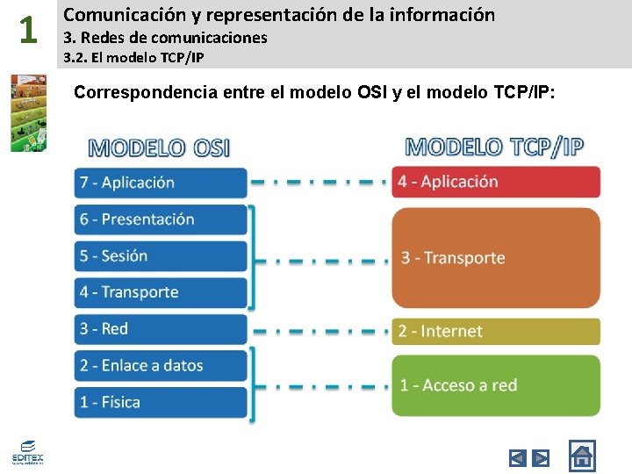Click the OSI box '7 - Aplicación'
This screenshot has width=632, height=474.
tap(161, 183)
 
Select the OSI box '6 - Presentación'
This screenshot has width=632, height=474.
tap(161, 219)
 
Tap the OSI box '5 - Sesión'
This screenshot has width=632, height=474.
tap(161, 256)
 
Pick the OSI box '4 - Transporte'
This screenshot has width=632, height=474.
tap(161, 292)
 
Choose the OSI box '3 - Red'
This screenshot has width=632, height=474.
tap(161, 329)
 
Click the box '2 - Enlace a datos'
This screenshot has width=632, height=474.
tap(161, 366)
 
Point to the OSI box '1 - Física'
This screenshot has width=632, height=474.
tap(161, 402)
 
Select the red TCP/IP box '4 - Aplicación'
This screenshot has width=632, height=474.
tap(496, 182)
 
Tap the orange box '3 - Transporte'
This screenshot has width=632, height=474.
tap(496, 257)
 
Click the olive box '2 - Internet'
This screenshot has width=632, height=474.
tap(496, 331)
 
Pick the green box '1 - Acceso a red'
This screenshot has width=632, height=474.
tap(496, 385)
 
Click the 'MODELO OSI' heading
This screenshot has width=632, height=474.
tap(160, 147)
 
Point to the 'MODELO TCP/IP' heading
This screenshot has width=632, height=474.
tap(494, 147)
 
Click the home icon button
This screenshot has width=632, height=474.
tap(581, 456)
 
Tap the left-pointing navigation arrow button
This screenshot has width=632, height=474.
tap(518, 457)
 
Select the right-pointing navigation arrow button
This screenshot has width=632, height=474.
tap(542, 457)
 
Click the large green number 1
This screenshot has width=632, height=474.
tap(28, 32)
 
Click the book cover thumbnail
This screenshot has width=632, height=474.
tap(28, 112)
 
